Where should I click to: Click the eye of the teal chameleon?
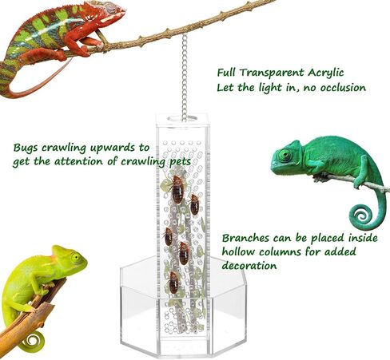[285, 155]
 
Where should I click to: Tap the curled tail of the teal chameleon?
[363, 216]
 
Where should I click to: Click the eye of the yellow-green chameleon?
[75, 257]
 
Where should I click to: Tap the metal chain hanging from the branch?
[185, 77]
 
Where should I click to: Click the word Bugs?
[26, 148]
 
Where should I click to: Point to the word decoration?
[249, 265]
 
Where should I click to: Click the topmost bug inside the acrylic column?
[177, 189]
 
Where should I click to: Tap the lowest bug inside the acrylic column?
[173, 283]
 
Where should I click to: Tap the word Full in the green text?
[226, 73]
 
